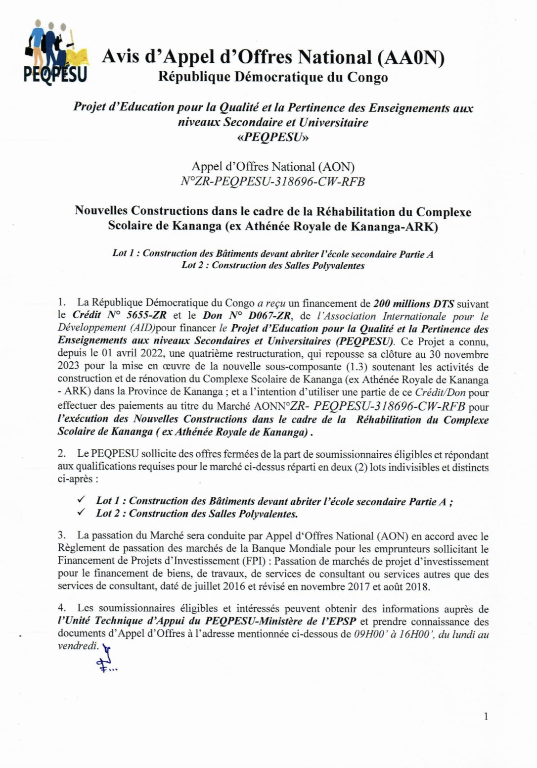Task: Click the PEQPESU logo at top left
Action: pos(55,53)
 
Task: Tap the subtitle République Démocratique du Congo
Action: pos(273,77)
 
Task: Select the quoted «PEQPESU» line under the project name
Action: pos(273,137)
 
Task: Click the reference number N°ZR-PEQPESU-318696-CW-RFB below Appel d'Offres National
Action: pos(273,182)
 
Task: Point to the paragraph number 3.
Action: pos(61,535)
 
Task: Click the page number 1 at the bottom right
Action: pos(486,716)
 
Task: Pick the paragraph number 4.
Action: pos(61,608)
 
